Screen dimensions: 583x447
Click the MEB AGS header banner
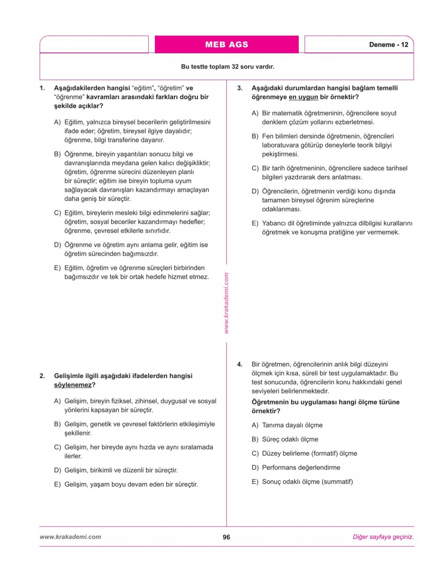[x=226, y=44]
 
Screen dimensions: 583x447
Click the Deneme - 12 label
[x=389, y=45]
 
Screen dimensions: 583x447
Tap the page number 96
[x=226, y=537]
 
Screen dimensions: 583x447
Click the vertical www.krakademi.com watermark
[x=226, y=303]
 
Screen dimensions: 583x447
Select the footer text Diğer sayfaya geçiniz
[x=383, y=537]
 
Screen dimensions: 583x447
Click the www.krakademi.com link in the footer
[x=70, y=537]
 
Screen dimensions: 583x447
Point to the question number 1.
[x=42, y=88]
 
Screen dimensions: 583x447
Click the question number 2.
[x=42, y=376]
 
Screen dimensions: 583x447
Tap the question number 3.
[x=240, y=88]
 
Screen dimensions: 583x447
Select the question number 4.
[x=240, y=365]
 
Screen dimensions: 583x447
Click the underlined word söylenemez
[x=73, y=385]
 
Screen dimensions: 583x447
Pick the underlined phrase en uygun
[x=303, y=97]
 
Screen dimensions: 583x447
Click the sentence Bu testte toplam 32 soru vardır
[x=227, y=67]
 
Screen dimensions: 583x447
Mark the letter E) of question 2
[x=57, y=485]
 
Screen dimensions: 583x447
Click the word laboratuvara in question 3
[x=279, y=145]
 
